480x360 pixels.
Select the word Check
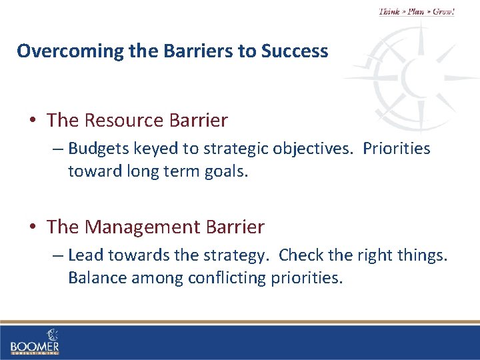pyautogui.click(x=300, y=255)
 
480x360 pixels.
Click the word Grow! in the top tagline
pyautogui.click(x=443, y=12)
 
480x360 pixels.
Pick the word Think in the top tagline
pyautogui.click(x=390, y=12)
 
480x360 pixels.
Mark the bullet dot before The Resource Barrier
pyautogui.click(x=33, y=121)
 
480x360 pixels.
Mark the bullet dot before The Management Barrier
pyautogui.click(x=33, y=228)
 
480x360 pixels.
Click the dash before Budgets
pyautogui.click(x=58, y=149)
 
